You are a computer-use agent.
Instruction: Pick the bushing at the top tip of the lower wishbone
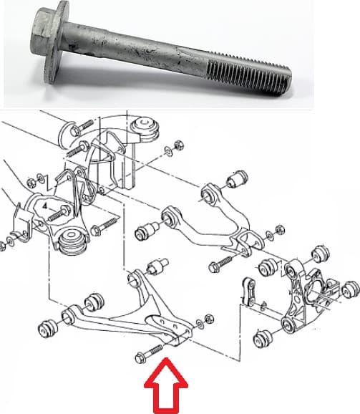click(156, 269)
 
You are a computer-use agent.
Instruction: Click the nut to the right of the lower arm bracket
click(208, 317)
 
